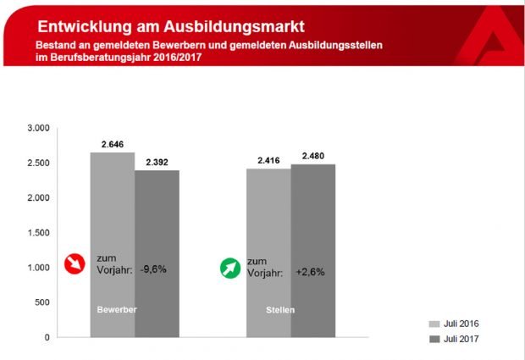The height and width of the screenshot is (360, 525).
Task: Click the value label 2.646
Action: pos(113,145)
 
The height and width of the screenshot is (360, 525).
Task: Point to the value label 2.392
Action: pos(157,163)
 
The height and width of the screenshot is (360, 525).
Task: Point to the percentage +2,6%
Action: pos(310,273)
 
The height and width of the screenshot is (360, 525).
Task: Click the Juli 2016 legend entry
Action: pos(457,324)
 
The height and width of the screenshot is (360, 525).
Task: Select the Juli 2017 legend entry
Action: pos(457,338)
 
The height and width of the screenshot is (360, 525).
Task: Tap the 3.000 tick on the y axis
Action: pos(39,128)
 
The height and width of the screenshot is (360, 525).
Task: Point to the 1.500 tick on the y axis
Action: pos(39,233)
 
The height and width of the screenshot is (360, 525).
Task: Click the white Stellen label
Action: pos(279,310)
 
